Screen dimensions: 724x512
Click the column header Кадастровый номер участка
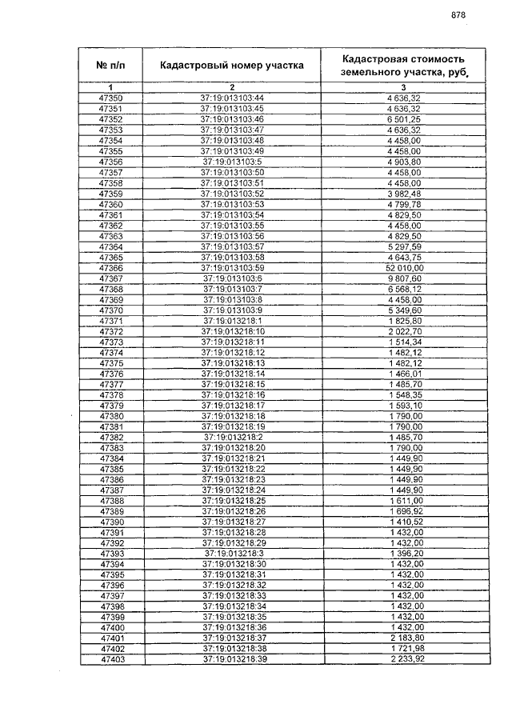[x=231, y=66]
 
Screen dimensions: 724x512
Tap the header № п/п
[x=110, y=66]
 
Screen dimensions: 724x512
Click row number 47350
[x=110, y=98]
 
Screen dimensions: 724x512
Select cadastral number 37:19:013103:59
[x=232, y=268]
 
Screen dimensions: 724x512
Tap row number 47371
[x=110, y=321]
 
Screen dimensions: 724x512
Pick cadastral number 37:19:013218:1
[x=232, y=321]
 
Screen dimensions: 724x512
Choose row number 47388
[x=110, y=501]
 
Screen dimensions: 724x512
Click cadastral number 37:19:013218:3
[x=232, y=554]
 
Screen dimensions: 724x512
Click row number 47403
[x=110, y=659]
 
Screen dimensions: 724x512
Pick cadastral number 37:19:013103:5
[x=232, y=162]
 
